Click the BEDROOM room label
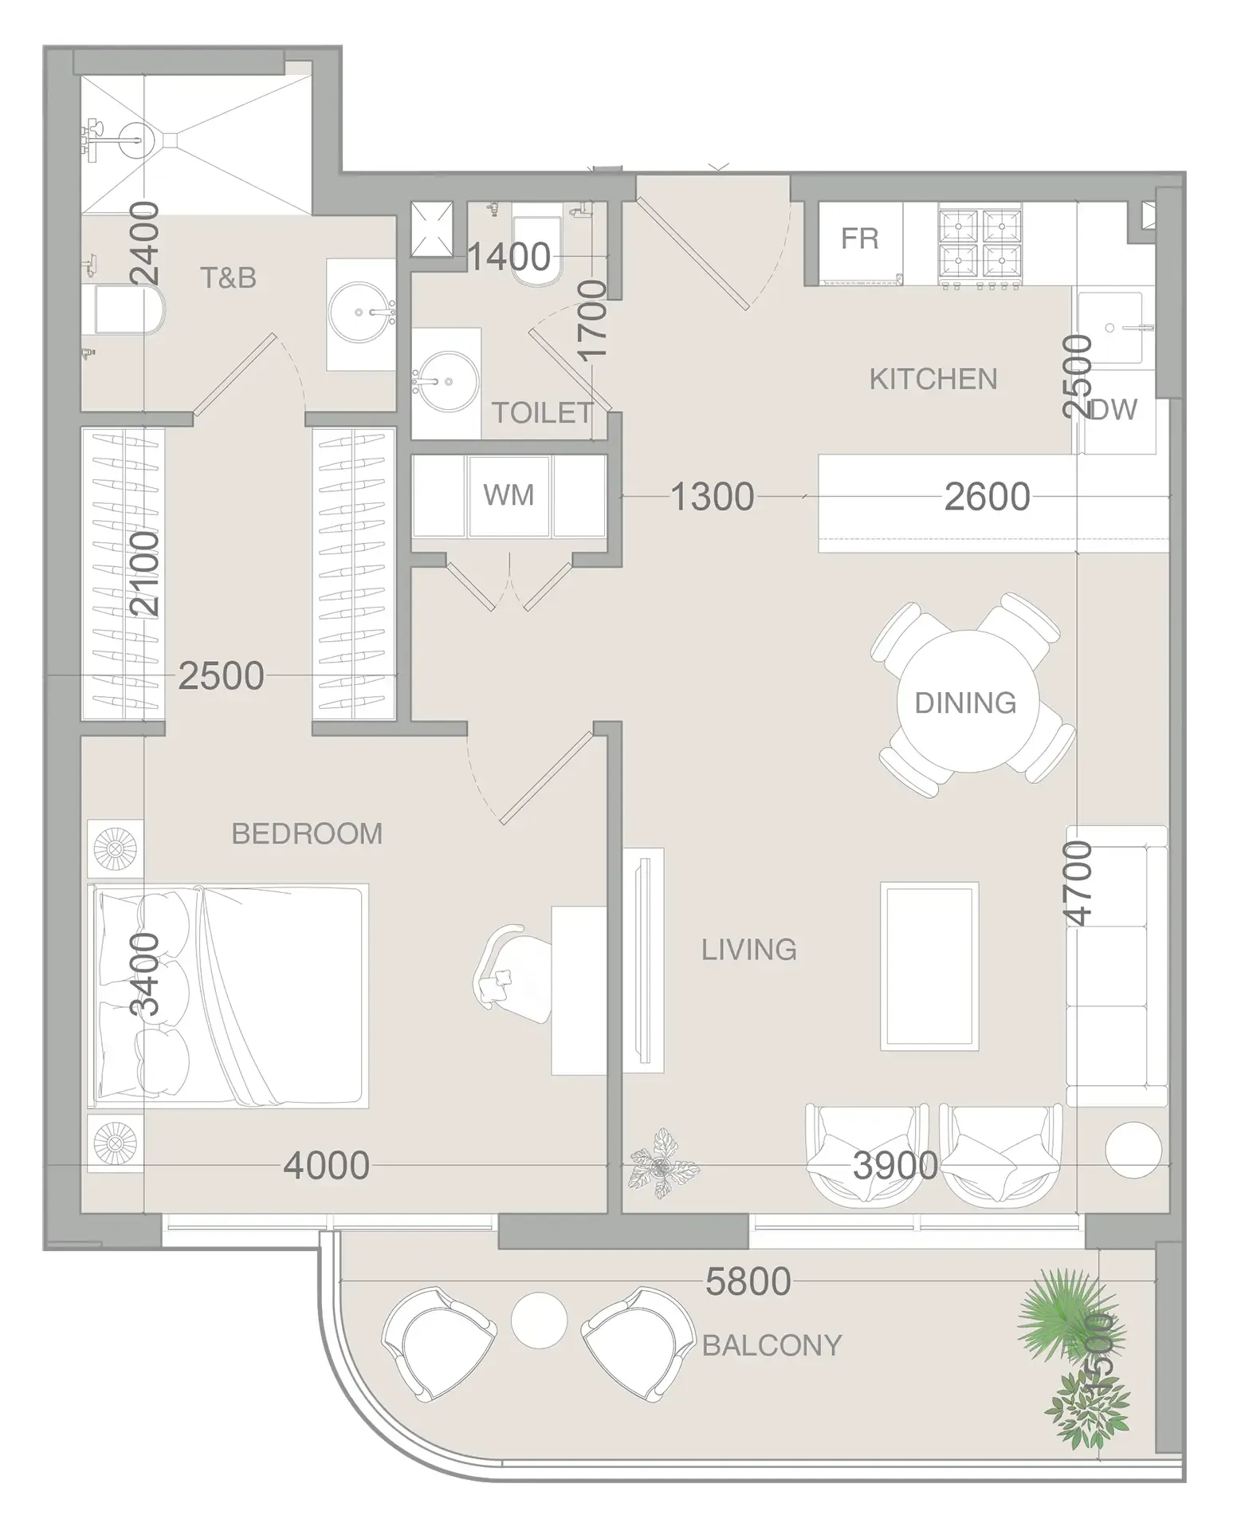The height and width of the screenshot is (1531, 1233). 307,833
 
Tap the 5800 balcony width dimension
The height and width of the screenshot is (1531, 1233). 748,1282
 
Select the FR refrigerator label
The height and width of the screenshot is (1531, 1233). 859,238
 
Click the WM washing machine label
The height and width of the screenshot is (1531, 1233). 509,495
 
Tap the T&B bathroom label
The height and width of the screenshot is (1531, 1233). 228,277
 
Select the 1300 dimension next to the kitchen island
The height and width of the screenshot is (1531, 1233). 712,497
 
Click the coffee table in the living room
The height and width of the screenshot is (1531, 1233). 929,966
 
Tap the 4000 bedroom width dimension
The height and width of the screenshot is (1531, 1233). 326,1166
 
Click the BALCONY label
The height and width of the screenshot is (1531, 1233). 771,1346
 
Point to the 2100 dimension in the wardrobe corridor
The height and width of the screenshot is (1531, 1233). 145,574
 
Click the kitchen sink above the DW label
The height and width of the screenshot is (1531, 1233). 1109,327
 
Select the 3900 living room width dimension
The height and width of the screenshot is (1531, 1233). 894,1166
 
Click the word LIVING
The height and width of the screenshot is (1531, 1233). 748,950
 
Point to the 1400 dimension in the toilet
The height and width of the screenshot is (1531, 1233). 509,257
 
